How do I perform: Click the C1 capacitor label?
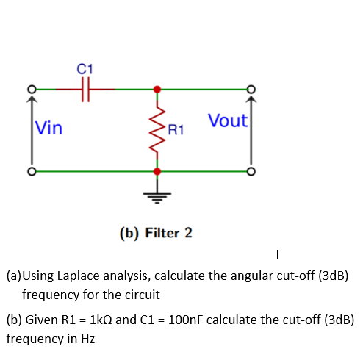click(x=85, y=68)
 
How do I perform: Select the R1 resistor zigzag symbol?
click(x=156, y=130)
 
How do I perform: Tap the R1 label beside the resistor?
click(x=176, y=132)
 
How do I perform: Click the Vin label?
click(x=49, y=129)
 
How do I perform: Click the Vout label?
click(x=228, y=120)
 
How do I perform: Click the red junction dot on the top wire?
click(x=156, y=89)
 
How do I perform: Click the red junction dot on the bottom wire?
click(x=156, y=171)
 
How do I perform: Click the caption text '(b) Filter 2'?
click(x=156, y=233)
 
